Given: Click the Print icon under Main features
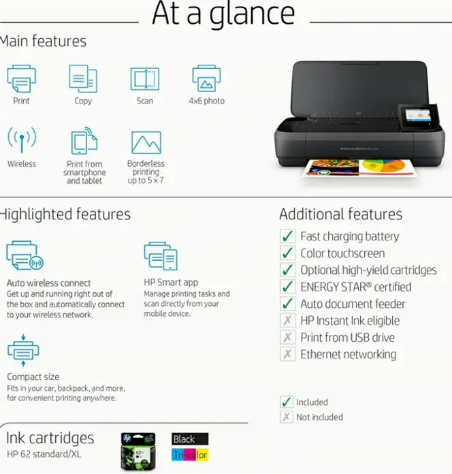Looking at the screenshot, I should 21,79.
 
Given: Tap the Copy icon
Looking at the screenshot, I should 83,79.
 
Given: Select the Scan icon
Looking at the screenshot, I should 144,79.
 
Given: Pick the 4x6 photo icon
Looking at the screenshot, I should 206,79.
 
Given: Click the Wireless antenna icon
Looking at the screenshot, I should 21,142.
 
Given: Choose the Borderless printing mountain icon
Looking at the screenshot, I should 146,143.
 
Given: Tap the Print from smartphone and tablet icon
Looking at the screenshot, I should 84,142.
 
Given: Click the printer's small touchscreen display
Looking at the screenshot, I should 415,114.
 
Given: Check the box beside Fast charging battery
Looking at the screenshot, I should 287,236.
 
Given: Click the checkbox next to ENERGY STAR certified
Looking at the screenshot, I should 287,287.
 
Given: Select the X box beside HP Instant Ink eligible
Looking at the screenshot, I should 287,321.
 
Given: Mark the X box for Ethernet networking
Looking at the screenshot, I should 287,354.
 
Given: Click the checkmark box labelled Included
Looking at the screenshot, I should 287,402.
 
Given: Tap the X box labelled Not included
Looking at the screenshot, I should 287,417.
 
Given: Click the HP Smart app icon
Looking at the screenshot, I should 161,256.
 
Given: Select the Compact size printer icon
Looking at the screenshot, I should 23,349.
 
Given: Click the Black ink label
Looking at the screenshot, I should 190,439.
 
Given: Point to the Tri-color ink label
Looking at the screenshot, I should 190,454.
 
